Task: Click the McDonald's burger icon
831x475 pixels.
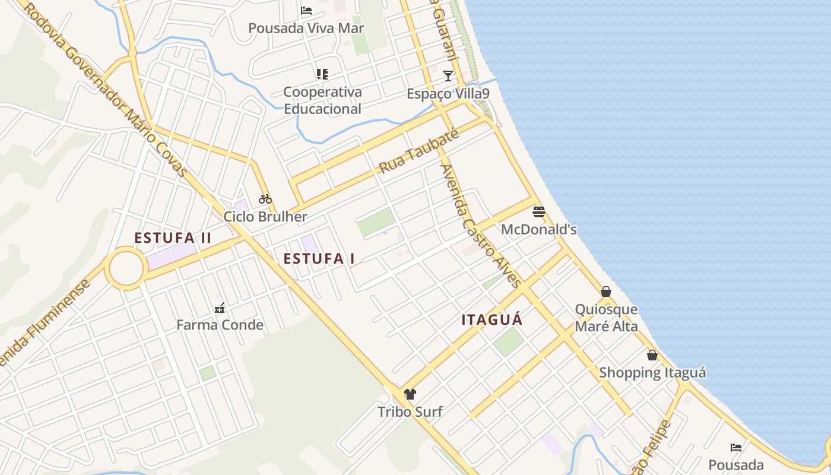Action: (x=539, y=212)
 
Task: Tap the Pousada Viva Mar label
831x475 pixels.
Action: (x=306, y=28)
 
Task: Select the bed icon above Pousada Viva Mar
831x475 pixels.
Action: (x=306, y=10)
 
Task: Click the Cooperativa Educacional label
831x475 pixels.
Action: (x=322, y=100)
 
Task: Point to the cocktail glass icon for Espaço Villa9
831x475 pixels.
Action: (x=448, y=75)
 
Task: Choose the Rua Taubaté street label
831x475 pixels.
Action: (x=419, y=152)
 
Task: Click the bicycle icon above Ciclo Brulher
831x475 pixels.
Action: (x=265, y=199)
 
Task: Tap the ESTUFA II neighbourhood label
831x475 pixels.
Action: (x=173, y=238)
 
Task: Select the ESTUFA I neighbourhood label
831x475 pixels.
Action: (x=319, y=259)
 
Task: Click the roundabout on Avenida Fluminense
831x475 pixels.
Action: (x=126, y=269)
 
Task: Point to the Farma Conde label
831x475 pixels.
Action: (x=220, y=325)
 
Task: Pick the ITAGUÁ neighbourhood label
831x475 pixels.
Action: (x=492, y=320)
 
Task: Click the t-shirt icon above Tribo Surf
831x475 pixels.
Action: (x=410, y=394)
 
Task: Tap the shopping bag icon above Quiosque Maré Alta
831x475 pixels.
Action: (x=606, y=292)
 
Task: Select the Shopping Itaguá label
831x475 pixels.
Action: (x=652, y=373)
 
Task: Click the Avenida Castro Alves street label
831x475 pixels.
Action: (x=480, y=226)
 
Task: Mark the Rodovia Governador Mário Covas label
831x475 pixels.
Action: (x=107, y=89)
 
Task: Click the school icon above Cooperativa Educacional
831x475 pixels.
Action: (x=322, y=74)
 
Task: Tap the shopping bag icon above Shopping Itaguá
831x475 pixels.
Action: (x=652, y=355)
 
